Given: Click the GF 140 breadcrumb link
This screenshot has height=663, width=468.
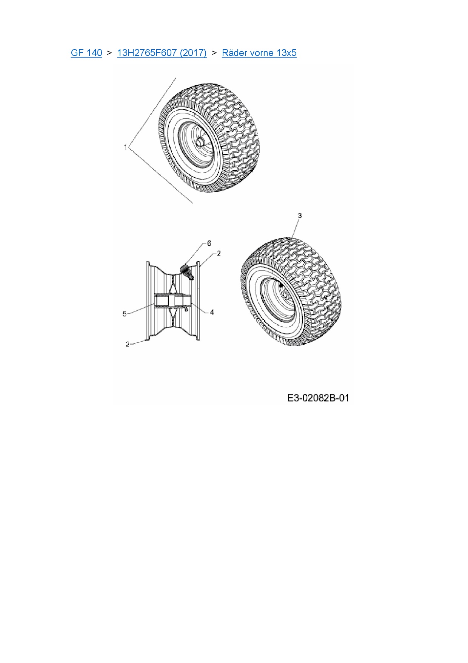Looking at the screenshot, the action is [86, 53].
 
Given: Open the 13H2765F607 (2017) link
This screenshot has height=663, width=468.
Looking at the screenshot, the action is [162, 53].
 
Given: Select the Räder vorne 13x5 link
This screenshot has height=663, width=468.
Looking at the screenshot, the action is [259, 53].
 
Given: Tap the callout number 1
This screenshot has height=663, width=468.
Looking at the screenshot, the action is [125, 147].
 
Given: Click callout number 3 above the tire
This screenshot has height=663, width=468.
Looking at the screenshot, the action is [300, 215].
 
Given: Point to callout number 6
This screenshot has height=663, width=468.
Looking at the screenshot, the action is [209, 243].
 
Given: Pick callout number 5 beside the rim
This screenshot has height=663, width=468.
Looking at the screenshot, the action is [125, 314].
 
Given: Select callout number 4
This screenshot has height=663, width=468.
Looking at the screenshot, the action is [212, 312].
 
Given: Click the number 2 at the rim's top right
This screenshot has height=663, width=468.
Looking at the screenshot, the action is [219, 253].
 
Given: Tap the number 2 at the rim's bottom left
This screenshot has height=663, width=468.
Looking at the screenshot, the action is [128, 344].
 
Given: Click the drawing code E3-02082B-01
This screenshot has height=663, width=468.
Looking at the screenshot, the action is [318, 398].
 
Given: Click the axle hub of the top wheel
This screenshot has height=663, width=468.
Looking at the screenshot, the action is [200, 142].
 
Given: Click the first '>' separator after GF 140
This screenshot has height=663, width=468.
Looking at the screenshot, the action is [109, 53].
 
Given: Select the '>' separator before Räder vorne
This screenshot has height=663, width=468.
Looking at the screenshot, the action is [214, 53].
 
